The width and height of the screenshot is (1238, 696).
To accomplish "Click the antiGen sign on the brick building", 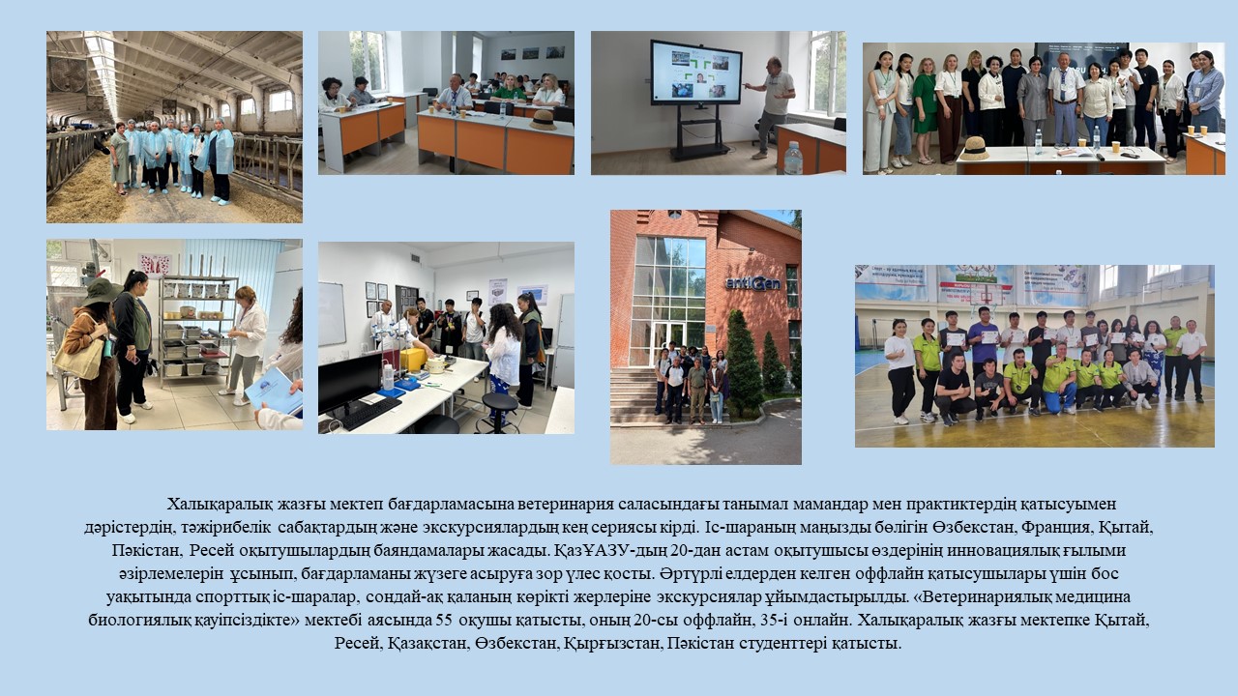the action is (752, 283).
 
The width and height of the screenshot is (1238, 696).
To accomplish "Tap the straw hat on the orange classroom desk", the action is (544, 120).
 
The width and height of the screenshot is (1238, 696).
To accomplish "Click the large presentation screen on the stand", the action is (695, 72).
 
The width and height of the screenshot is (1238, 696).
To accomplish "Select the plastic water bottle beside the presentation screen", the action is (793, 158).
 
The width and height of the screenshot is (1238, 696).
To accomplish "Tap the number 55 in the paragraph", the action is (444, 621).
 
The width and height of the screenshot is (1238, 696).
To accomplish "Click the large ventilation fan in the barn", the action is (68, 73).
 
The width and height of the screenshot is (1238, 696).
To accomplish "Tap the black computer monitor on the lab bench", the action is (349, 382).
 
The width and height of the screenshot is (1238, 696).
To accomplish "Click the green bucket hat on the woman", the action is (101, 291).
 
